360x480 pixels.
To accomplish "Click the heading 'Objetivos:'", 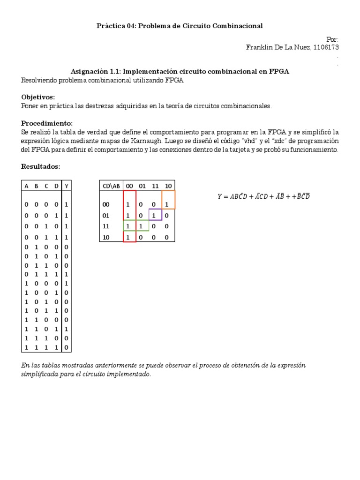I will pos(38,97).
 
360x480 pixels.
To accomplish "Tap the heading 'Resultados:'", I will pos(41,167).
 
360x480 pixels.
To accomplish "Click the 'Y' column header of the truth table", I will pos(67,186).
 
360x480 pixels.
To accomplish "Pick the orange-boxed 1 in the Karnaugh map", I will pos(166,204).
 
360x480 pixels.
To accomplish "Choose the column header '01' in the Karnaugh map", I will pos(142,186).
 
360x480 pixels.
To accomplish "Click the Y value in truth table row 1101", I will pos(67,329).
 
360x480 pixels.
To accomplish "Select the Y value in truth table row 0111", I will pos(67,274).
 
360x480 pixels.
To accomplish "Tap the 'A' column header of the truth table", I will pos(26,186).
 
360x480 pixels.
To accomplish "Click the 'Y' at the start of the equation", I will pos(220,197).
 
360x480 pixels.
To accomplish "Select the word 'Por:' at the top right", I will pos(331,39).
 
